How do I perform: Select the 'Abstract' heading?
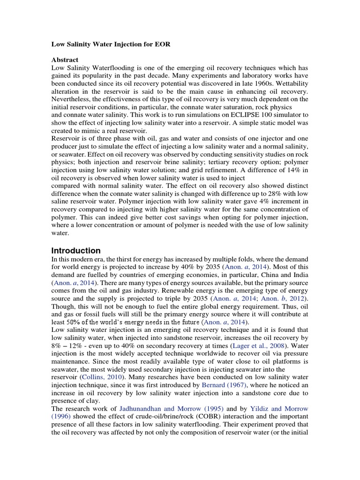[x=64, y=60]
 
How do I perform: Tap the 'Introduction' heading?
[x=75, y=250]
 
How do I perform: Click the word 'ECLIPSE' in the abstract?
[x=247, y=114]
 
